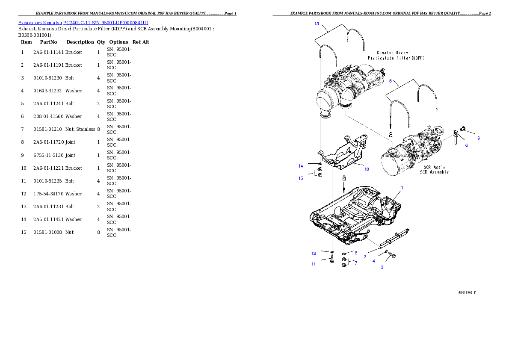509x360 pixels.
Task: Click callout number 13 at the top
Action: click(317, 24)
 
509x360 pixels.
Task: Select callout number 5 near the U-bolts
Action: click(390, 80)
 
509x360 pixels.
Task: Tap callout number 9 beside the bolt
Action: click(479, 138)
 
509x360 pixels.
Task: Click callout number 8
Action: click(466, 145)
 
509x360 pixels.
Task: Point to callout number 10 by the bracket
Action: click(367, 169)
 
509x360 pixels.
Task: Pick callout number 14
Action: click(301, 165)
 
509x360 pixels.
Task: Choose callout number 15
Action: click(301, 178)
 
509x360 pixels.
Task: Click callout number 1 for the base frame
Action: click(402, 188)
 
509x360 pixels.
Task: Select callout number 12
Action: click(314, 253)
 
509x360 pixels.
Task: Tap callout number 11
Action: click(314, 264)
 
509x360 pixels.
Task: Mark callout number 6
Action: click(355, 253)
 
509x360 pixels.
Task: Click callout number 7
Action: click(355, 263)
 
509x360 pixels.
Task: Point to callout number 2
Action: click(365, 257)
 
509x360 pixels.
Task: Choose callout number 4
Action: click(373, 260)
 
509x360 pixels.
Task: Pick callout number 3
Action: click(382, 267)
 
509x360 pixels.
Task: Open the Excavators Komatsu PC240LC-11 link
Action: click(83, 23)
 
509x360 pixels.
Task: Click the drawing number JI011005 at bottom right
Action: click(466, 293)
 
